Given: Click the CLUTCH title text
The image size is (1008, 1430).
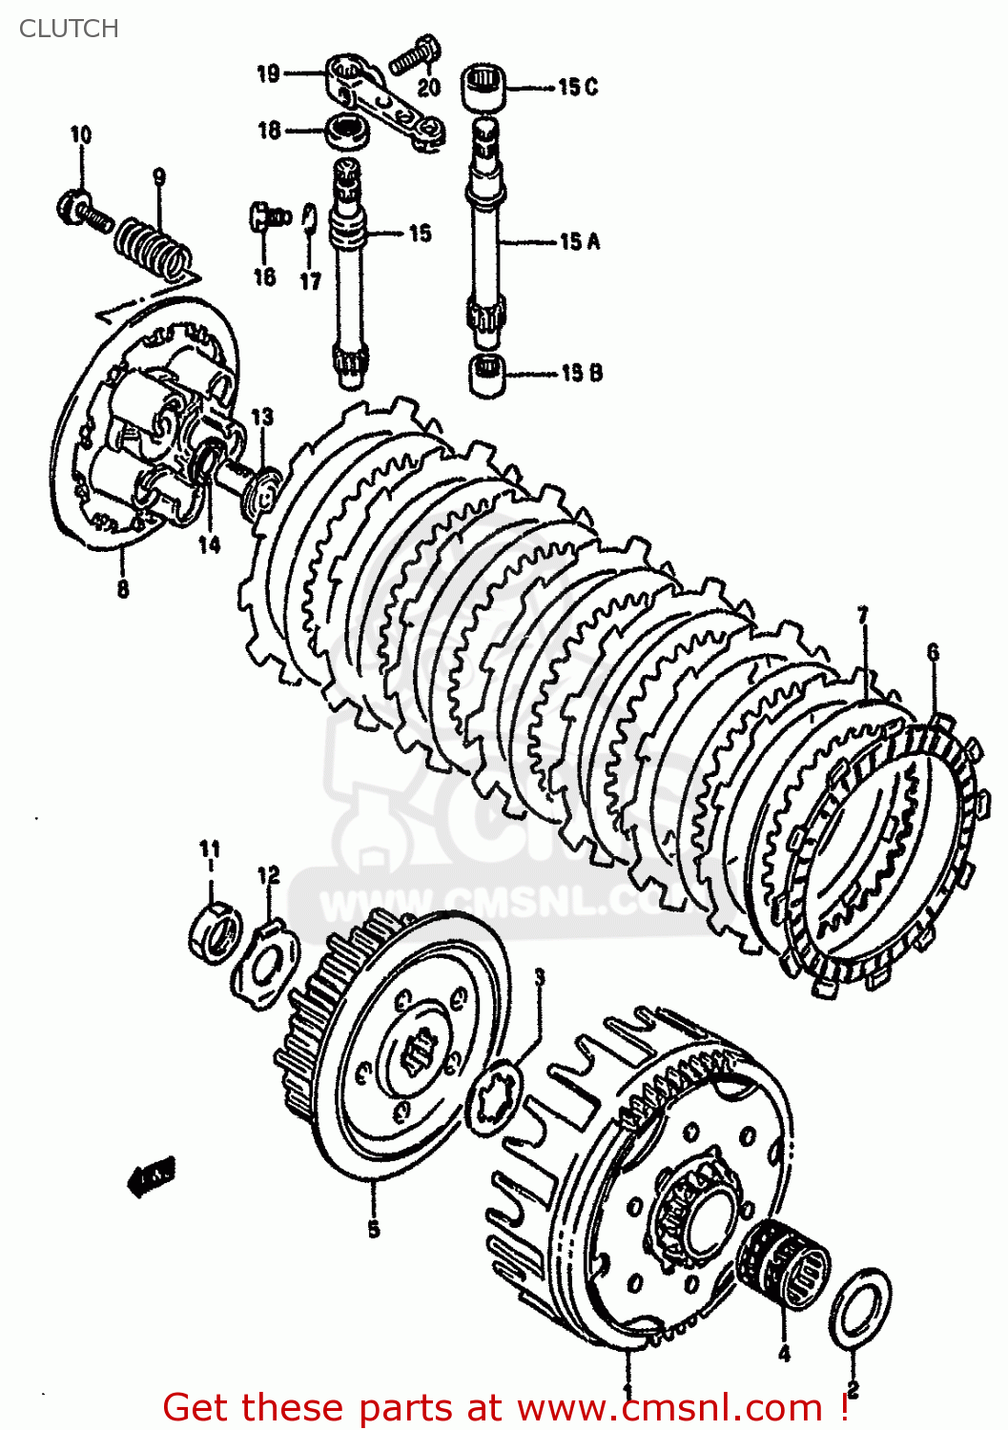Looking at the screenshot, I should [x=69, y=29].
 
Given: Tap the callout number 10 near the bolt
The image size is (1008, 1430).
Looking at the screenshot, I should [x=81, y=135].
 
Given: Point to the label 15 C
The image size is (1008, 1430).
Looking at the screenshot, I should [x=578, y=87].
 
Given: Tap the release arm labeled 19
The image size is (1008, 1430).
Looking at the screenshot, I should [x=381, y=100].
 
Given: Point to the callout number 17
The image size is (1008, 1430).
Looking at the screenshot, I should [x=311, y=281].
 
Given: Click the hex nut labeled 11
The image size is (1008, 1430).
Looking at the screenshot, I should [x=217, y=930].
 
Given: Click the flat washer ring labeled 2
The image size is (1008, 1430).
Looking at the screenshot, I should [x=861, y=1309].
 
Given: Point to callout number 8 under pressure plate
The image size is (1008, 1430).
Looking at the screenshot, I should [x=123, y=589].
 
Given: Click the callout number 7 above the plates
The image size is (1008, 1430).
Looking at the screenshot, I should [x=864, y=617].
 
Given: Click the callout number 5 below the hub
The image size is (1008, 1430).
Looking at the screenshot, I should [x=373, y=1229].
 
